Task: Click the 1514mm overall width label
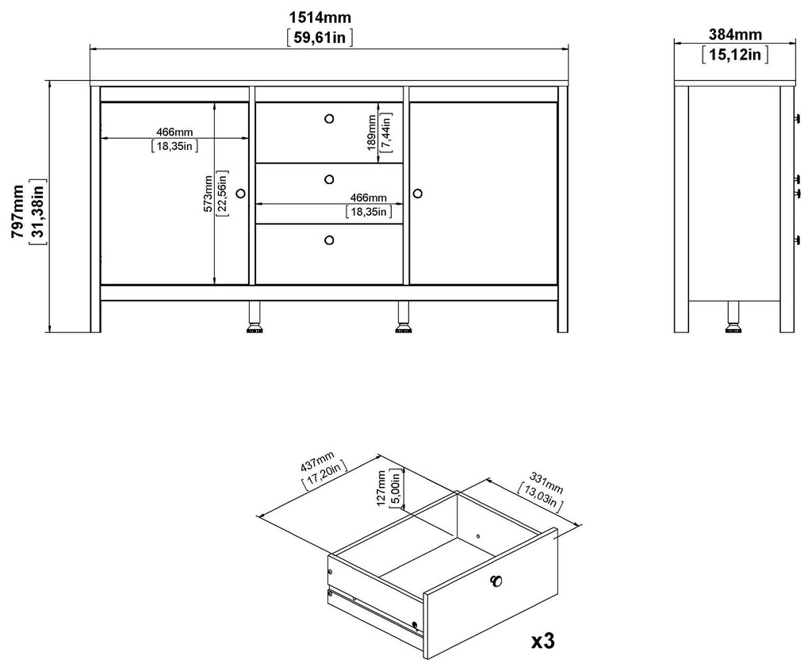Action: (320, 17)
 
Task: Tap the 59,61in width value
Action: (320, 37)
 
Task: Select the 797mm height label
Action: (19, 211)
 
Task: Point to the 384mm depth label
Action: (735, 34)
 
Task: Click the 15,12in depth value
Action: (735, 54)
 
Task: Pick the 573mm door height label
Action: (208, 194)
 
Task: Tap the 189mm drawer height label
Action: (371, 132)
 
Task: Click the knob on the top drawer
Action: (329, 119)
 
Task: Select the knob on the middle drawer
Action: (329, 179)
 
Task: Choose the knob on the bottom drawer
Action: (329, 240)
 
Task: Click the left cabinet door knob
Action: (240, 194)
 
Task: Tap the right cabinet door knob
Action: (418, 194)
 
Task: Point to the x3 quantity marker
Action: (543, 642)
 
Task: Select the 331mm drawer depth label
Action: (546, 482)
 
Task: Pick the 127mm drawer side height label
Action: (381, 488)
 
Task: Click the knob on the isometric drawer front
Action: (496, 581)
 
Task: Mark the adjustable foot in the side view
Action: (733, 316)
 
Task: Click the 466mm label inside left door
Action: (174, 132)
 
